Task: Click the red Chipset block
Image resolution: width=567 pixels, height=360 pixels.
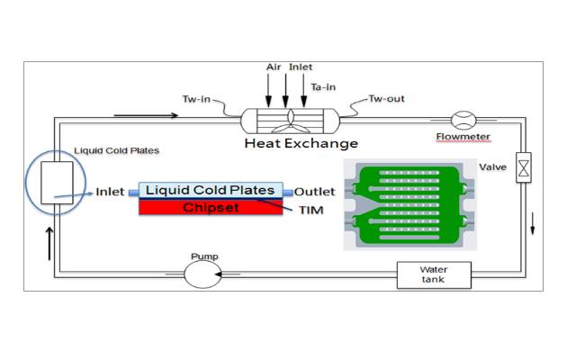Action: pos(209,208)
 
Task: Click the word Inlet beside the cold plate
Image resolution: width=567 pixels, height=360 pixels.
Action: pos(110,192)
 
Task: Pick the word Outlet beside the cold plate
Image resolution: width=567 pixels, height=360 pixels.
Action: pos(315,191)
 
